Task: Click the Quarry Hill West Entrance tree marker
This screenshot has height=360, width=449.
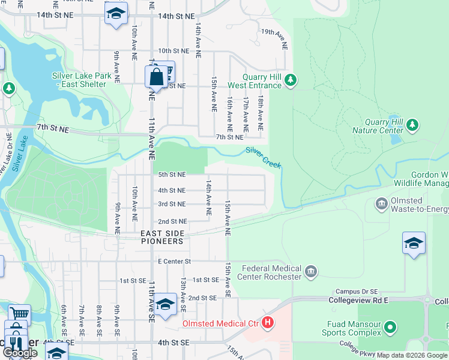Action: point(291,80)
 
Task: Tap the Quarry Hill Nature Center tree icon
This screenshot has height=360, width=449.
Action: point(412,125)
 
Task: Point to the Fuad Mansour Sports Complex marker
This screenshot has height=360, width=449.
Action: point(390,328)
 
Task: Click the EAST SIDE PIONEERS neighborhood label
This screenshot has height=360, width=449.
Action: point(162,237)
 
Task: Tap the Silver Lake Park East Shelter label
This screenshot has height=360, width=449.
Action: point(82,80)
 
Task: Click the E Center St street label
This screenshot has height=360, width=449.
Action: point(174,262)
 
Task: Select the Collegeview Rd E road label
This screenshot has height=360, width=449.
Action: point(359,299)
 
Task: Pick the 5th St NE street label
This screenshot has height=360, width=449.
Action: point(172,175)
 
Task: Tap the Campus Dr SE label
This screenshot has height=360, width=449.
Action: point(339,291)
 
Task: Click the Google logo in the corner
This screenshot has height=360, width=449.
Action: point(20,353)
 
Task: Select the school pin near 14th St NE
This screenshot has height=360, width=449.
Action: point(116,14)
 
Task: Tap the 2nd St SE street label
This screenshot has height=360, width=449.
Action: point(202,298)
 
